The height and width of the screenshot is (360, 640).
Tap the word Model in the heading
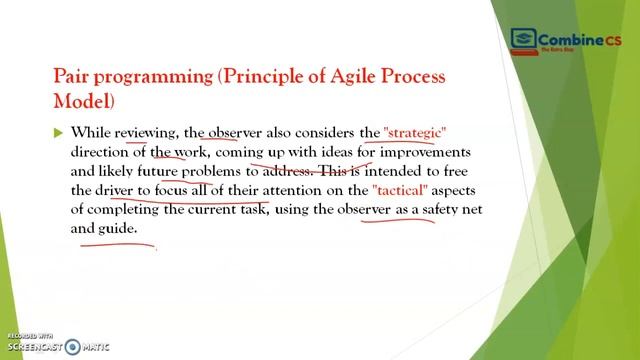(82, 101)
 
